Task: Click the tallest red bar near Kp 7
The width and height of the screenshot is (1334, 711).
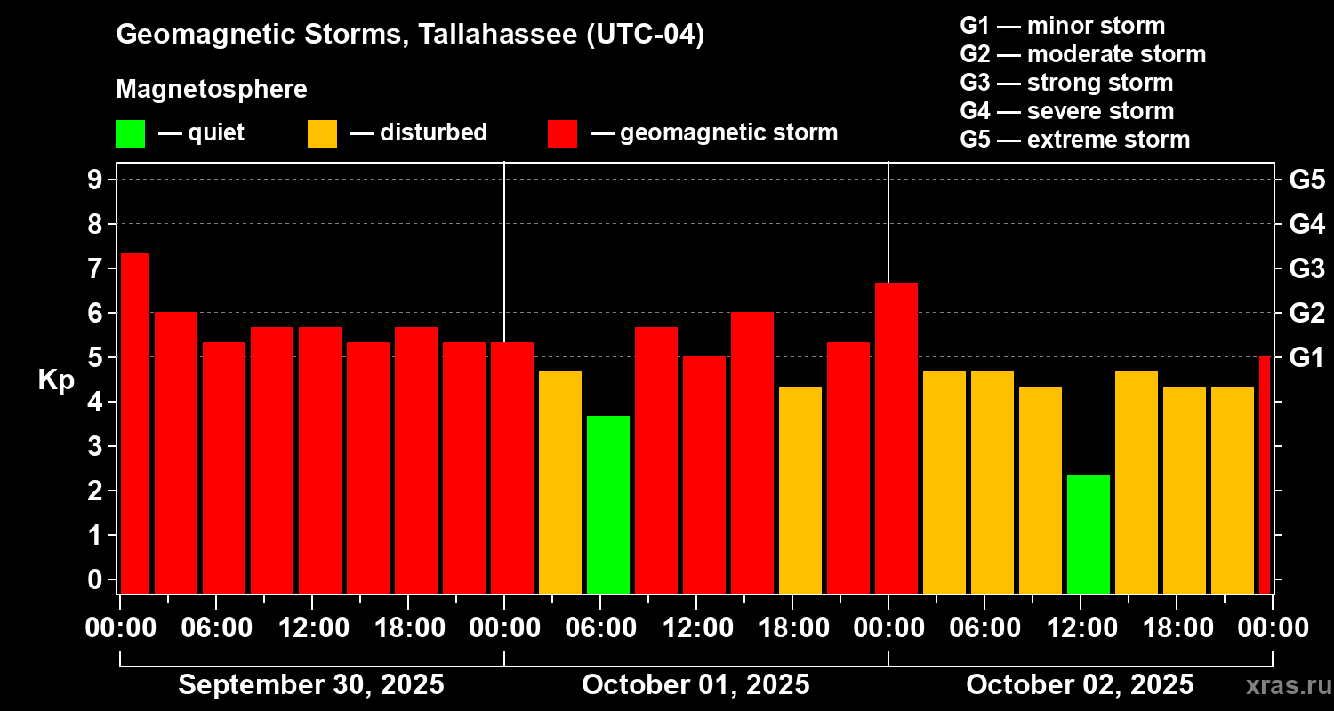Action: coord(135,423)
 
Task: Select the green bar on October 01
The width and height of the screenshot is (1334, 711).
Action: coord(608,504)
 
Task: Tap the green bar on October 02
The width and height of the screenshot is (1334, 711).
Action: coord(1089,534)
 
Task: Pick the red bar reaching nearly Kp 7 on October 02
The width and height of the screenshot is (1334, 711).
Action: coord(896,437)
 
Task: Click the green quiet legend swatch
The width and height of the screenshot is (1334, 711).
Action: coord(130,133)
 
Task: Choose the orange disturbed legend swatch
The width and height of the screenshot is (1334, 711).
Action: coord(322,133)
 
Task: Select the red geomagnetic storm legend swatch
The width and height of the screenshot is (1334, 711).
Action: coord(563,133)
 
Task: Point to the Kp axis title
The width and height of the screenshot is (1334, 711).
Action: coord(56,379)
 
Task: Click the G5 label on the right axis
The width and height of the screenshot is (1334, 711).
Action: coord(1306,180)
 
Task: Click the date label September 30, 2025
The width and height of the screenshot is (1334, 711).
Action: coord(311,684)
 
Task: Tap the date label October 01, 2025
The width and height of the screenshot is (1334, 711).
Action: coord(695,684)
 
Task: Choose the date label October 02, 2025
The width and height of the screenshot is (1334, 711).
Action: coord(1080,684)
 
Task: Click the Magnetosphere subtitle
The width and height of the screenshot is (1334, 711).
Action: coord(212,90)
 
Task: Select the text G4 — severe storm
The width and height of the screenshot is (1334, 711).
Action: coord(1067,111)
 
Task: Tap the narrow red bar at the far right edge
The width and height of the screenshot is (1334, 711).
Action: coord(1265,475)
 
